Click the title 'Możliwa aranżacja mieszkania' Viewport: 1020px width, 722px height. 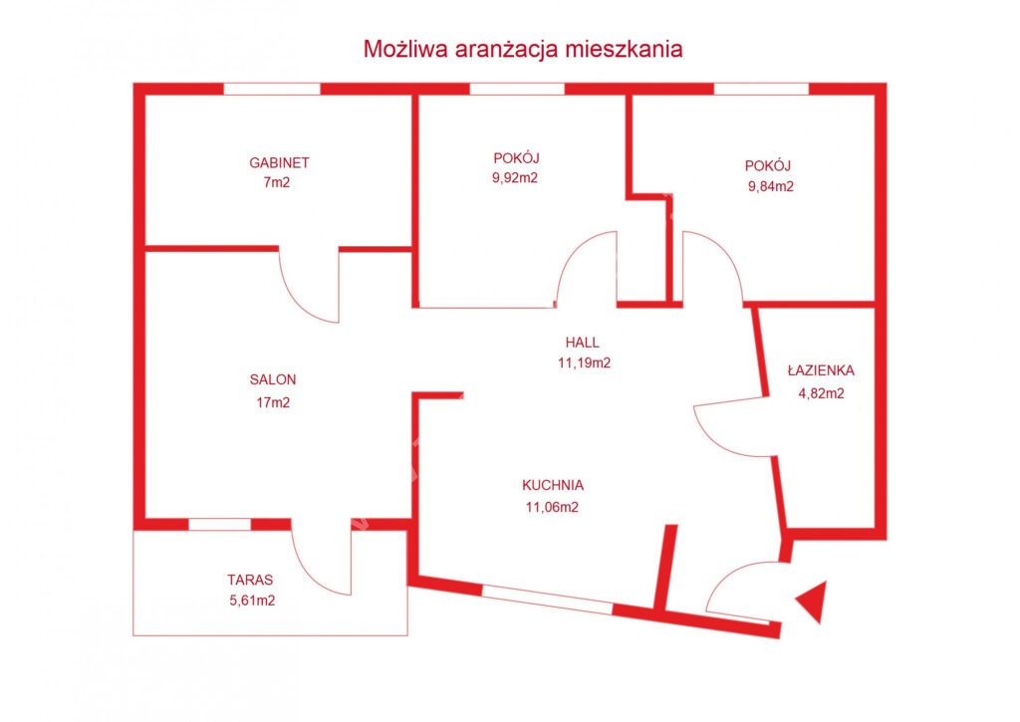[522, 49]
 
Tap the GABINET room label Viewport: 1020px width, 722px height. [279, 162]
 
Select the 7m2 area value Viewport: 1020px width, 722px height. [277, 183]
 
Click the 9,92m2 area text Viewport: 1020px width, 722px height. [515, 178]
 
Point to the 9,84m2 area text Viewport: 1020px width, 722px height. [771, 186]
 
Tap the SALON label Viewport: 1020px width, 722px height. [273, 379]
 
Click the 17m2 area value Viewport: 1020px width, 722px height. [273, 402]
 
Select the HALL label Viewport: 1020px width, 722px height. [582, 343]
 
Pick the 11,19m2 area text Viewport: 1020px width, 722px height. [584, 362]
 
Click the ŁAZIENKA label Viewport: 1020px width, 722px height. [821, 370]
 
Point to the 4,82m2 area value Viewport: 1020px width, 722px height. [822, 393]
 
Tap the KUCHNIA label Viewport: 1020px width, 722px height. [553, 485]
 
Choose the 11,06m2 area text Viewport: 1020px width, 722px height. [552, 507]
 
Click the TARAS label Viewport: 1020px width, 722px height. [250, 580]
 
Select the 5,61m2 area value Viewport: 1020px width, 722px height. [252, 601]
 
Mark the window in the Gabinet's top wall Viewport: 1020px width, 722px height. [272, 89]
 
